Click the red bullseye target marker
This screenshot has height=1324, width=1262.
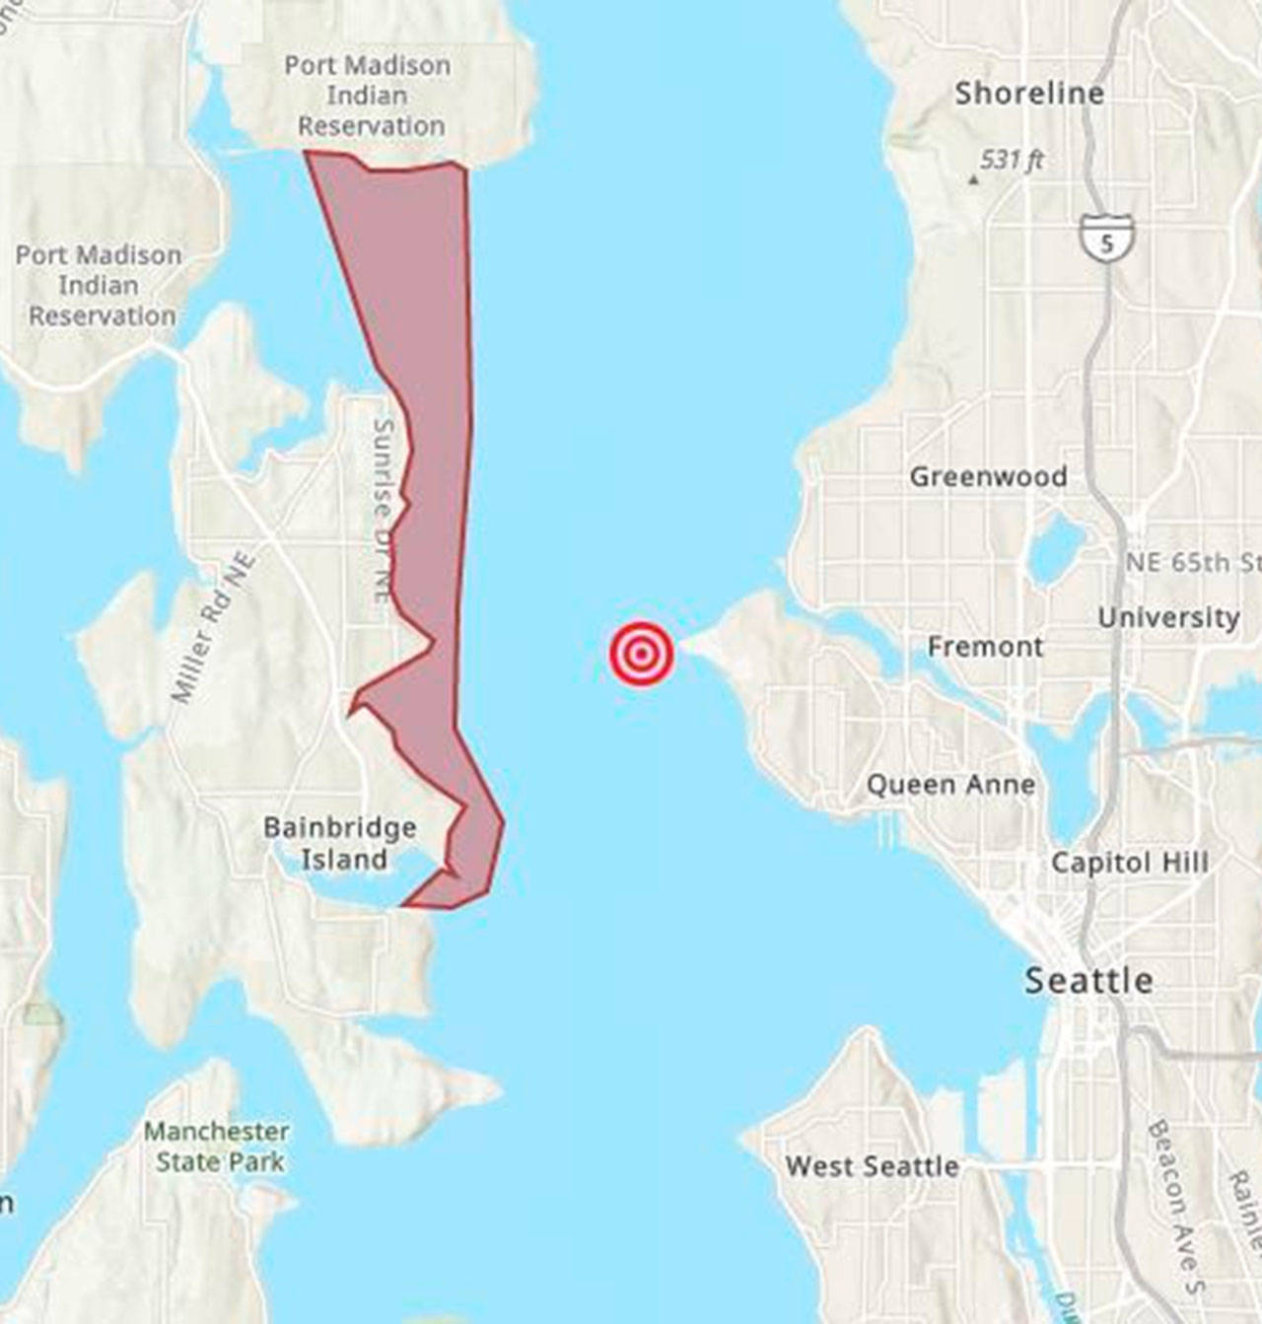pos(642,654)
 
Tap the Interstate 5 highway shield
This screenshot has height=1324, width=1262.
pos(1106,239)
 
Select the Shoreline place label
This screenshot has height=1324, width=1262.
pos(1028,94)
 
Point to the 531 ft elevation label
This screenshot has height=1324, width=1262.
pos(1013,160)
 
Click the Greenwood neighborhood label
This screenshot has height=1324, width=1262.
pos(988,477)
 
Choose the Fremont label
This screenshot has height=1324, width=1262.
pos(985,647)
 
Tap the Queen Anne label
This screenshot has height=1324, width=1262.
pos(950,785)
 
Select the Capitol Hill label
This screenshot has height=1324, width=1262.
pos(1129,863)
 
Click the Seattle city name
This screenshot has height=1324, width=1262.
pos(1088,981)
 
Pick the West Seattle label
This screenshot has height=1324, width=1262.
pos(872,1166)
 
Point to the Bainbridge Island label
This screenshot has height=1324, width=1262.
pos(340,843)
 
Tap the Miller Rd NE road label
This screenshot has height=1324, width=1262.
pos(213,628)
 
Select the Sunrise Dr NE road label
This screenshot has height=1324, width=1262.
pos(384,509)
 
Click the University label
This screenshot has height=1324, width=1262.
pos(1168,618)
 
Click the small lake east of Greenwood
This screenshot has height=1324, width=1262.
pos(1055,548)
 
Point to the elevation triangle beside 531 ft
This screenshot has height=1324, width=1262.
pos(973,179)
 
